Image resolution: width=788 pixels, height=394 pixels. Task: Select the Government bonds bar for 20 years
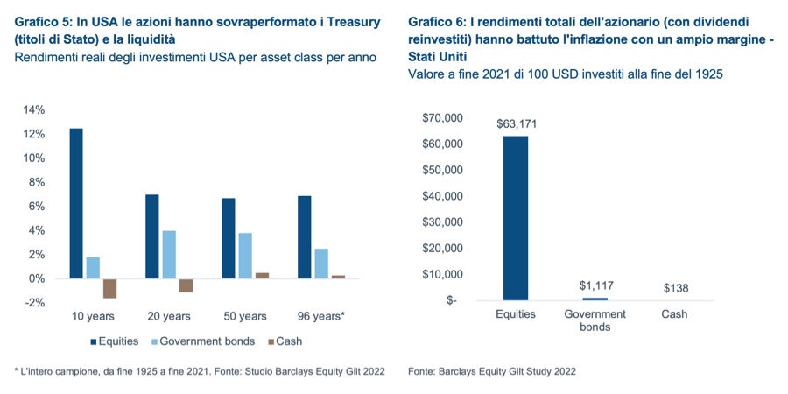[170, 254]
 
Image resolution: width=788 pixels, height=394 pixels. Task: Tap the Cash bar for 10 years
[109, 288]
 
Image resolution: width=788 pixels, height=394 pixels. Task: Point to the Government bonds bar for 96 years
[321, 264]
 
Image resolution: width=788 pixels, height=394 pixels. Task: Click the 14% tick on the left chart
[33, 110]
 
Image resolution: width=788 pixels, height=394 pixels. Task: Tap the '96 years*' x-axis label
[321, 316]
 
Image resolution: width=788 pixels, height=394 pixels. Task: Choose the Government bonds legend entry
[203, 341]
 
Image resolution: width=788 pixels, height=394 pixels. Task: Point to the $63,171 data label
[516, 124]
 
